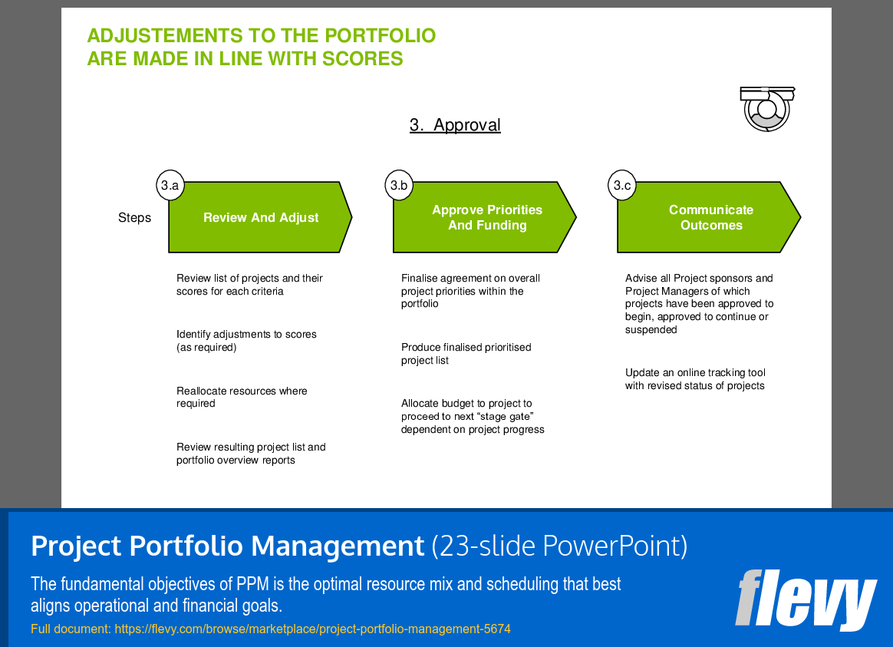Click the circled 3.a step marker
click(170, 185)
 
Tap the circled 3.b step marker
click(399, 185)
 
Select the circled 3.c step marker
click(622, 185)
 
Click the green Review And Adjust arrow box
click(260, 218)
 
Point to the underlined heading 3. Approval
click(455, 125)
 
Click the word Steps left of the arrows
click(134, 218)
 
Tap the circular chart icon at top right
click(765, 109)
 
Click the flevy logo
click(806, 599)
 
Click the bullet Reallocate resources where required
click(241, 397)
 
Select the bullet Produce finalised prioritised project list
click(466, 354)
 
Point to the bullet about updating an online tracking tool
click(695, 379)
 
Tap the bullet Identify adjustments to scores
click(246, 341)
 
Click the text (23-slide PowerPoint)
click(559, 546)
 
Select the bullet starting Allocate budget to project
click(472, 416)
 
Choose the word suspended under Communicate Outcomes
click(651, 330)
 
